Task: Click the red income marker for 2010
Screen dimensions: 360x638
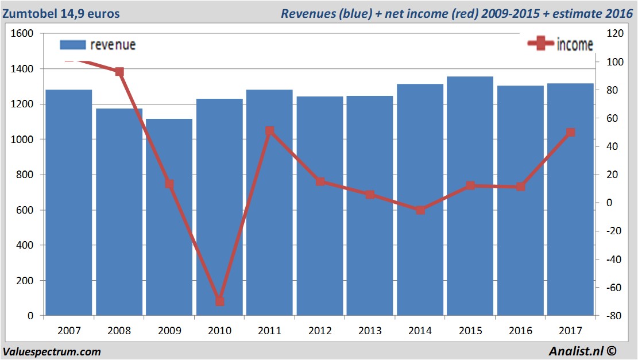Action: (219, 301)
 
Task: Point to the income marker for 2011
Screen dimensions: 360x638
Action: (270, 131)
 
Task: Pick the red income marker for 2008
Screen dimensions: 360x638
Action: (119, 72)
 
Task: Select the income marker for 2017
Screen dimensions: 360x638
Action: (570, 133)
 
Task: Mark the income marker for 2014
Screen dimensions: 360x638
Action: (420, 210)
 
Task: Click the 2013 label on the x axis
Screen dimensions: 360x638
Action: (370, 331)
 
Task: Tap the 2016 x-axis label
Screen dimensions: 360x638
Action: (520, 331)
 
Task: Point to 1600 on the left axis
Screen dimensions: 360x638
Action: (22, 34)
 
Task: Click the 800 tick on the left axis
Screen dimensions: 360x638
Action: (25, 175)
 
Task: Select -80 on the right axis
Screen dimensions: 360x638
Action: (610, 316)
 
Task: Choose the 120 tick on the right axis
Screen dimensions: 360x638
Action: (610, 34)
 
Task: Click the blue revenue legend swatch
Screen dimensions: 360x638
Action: (72, 45)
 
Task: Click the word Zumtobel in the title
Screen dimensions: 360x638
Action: (29, 13)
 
